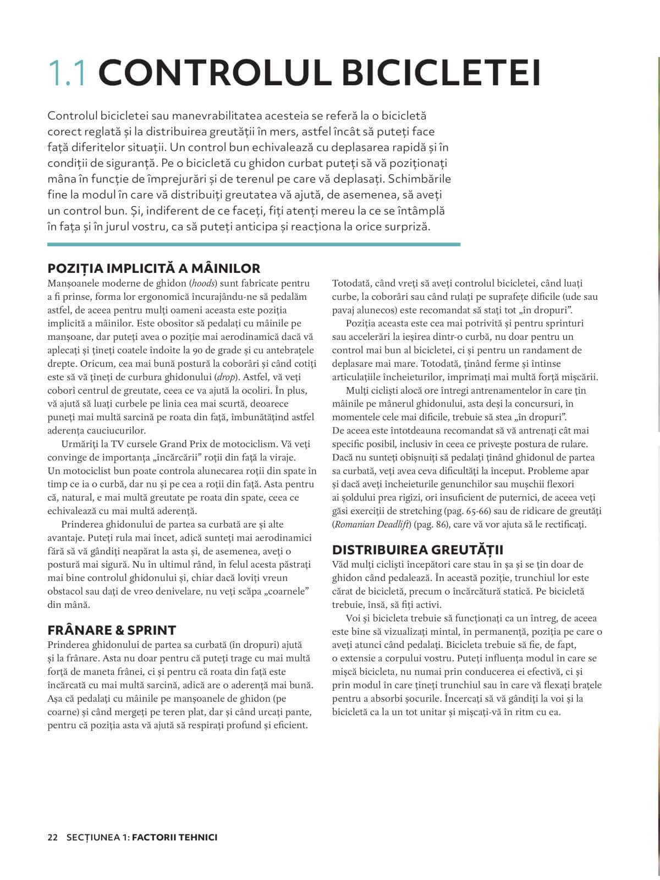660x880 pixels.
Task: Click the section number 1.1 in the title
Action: click(x=67, y=73)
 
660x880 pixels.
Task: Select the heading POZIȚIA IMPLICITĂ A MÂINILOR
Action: click(x=154, y=268)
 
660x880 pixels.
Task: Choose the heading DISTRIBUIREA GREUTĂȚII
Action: click(x=418, y=550)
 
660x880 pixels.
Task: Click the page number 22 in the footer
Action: click(x=53, y=838)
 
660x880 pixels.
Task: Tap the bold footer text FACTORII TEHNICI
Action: click(x=175, y=838)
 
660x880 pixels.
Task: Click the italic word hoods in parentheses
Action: click(x=201, y=284)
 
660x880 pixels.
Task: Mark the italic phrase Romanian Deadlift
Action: click(x=372, y=525)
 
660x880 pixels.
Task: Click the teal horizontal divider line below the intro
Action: click(x=254, y=244)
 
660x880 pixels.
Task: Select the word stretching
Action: click(x=423, y=512)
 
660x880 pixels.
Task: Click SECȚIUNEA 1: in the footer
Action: click(x=97, y=838)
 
